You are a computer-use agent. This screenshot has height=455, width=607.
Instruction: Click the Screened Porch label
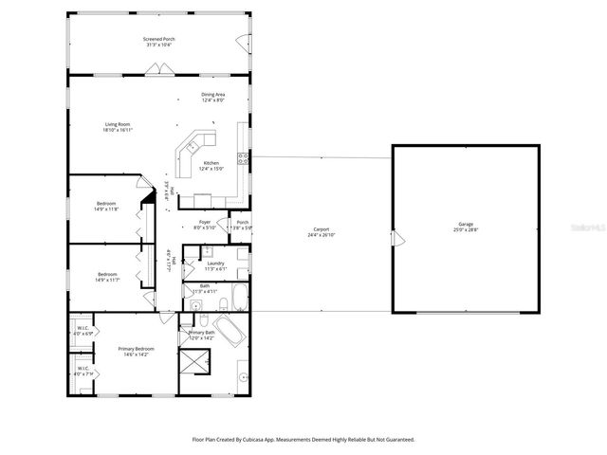pos(160,39)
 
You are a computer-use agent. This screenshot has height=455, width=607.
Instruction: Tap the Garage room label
pos(466,224)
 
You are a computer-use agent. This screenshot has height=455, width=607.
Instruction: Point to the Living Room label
pos(117,123)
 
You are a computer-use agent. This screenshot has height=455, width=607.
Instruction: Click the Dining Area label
pos(212,94)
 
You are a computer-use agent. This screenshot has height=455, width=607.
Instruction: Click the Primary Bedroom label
pos(136,349)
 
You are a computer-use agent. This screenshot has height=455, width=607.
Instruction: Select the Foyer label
pos(204,222)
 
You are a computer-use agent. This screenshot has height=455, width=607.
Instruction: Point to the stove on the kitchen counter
pos(243,158)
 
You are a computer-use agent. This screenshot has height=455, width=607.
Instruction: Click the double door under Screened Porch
pos(160,68)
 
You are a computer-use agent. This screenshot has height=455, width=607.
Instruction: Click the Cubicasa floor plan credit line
pos(303,439)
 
